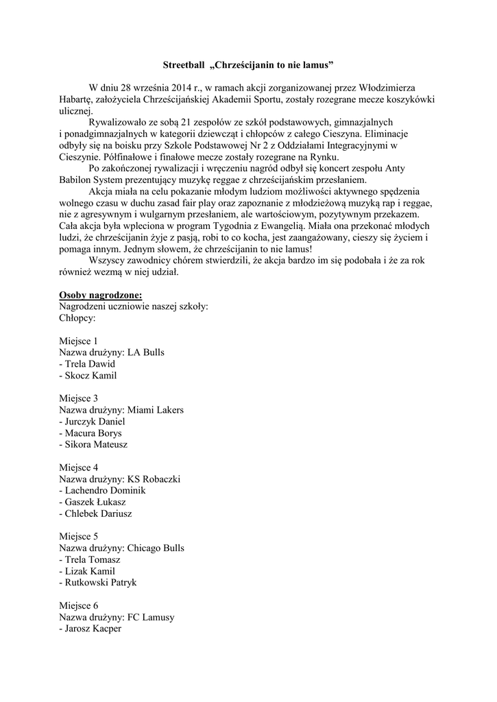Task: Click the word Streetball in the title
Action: tap(183, 65)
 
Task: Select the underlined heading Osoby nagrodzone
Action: tap(100, 295)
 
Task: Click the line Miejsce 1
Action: tap(78, 341)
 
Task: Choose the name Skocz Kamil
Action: tap(90, 376)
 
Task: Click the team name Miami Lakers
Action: tap(156, 410)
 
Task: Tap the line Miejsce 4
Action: tap(78, 468)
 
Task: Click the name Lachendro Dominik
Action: tap(105, 491)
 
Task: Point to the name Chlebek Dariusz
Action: tap(98, 513)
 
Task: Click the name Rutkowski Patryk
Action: tap(100, 583)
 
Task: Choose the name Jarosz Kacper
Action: tap(93, 629)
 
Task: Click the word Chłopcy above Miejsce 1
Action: tap(77, 318)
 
